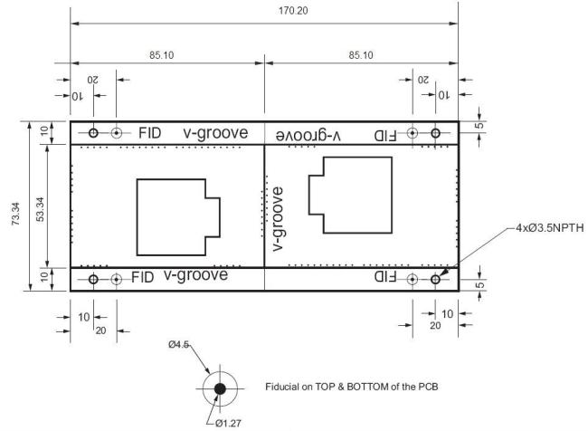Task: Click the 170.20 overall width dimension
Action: pos(293,11)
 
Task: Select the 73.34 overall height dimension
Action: pos(16,214)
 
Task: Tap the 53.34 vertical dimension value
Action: pos(41,209)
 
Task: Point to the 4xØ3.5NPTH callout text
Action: pos(550,228)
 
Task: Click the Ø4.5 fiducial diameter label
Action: pos(178,344)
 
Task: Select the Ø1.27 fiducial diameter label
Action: pos(228,424)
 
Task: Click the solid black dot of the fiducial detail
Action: pos(220,388)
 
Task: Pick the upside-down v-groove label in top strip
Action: pos(308,135)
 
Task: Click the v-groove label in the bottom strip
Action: pos(195,275)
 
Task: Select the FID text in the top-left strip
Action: pos(149,133)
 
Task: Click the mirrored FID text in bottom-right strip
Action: pos(385,277)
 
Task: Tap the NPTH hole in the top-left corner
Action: pos(93,133)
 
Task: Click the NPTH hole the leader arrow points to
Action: pos(435,280)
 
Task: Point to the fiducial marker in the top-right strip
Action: pos(413,133)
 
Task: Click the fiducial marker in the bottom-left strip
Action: pos(117,280)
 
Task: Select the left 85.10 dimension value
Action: pos(162,55)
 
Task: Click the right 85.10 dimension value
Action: pos(361,55)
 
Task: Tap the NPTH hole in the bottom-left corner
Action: pos(93,280)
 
